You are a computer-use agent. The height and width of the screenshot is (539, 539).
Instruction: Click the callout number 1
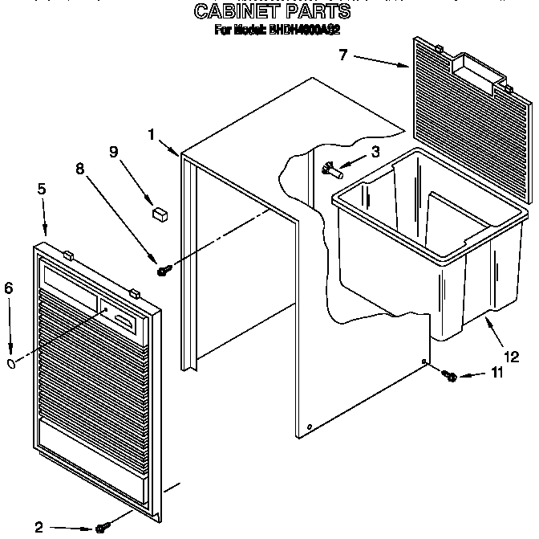(x=151, y=135)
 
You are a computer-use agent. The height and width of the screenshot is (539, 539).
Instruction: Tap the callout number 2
(x=38, y=527)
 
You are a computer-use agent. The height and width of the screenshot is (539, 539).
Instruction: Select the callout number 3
(x=373, y=151)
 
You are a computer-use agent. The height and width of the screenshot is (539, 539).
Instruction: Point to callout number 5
(x=41, y=190)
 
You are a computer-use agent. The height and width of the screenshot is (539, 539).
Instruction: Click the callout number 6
(x=9, y=288)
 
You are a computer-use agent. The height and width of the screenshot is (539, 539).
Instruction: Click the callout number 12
(x=510, y=357)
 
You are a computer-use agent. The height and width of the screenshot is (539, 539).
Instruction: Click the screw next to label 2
(x=101, y=526)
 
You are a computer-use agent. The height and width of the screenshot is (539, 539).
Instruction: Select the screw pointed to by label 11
(x=451, y=375)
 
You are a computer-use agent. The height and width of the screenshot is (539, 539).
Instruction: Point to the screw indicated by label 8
(x=162, y=272)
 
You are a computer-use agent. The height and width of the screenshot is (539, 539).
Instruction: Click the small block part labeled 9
(x=160, y=213)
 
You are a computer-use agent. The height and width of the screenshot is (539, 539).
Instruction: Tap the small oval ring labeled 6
(x=12, y=363)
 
